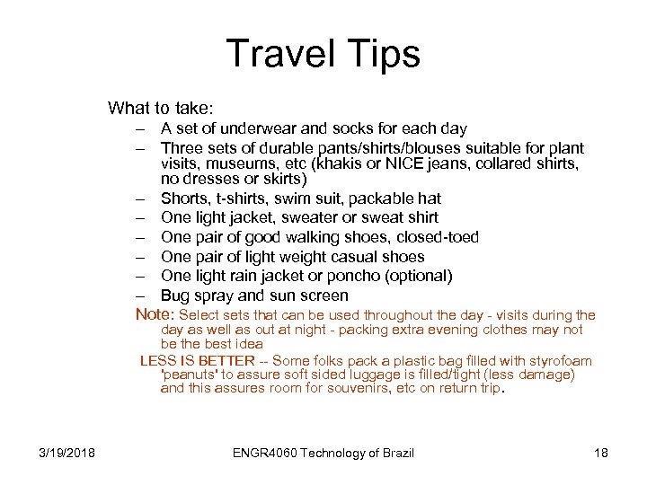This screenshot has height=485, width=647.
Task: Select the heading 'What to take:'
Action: click(161, 109)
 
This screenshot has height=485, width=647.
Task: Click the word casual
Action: click(359, 257)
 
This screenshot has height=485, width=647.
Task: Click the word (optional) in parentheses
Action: click(417, 277)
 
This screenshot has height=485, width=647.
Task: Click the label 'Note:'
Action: click(155, 314)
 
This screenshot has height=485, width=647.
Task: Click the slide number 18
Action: click(601, 453)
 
